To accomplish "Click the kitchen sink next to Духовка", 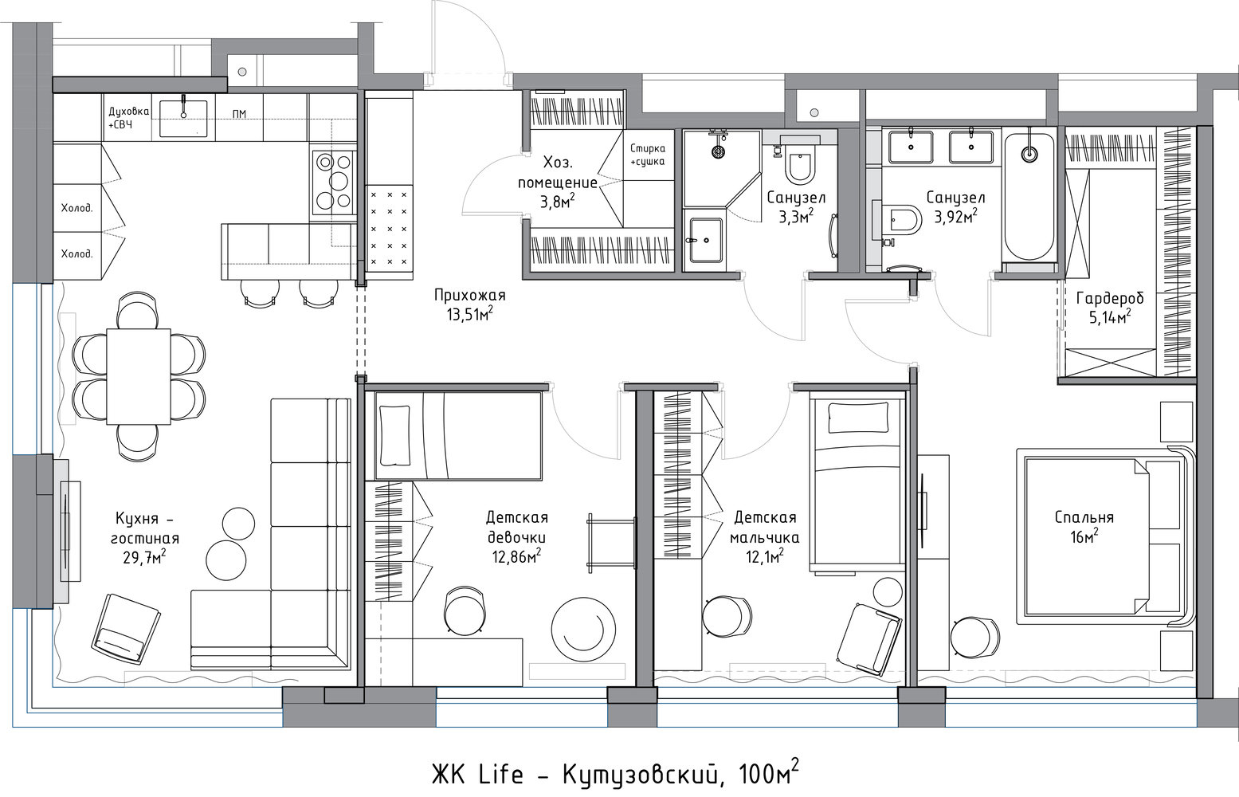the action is [x=183, y=118].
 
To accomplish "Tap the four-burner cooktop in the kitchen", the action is [x=334, y=183].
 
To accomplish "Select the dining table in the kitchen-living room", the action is [x=139, y=376].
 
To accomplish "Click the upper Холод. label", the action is [x=76, y=209].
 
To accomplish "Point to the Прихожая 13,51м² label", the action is [x=469, y=304].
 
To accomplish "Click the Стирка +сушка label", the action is [x=648, y=155].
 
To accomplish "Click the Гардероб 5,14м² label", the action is [x=1110, y=308].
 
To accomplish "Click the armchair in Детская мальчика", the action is [x=869, y=639].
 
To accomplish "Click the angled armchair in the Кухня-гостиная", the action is [x=126, y=630].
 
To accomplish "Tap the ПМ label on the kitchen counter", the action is [x=239, y=114].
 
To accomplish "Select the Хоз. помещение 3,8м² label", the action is [x=558, y=183].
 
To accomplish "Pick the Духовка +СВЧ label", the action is [x=128, y=118].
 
